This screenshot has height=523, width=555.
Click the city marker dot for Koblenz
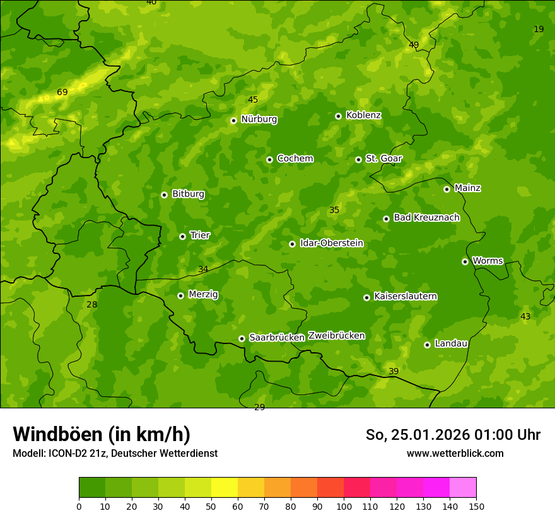pos(339,116)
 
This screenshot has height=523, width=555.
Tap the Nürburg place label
pos(259,119)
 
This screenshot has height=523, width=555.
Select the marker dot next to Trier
pos(183,236)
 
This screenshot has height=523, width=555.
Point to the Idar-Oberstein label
pos(332,243)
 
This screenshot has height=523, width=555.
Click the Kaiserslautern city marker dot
pos(367,297)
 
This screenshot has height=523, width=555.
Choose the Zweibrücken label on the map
pos(336,336)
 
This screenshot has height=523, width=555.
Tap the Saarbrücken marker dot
pos(242,338)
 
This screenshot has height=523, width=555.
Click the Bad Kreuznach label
pos(426,217)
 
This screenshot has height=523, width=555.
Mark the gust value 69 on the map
pos(62,93)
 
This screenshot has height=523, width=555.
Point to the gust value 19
pos(539,30)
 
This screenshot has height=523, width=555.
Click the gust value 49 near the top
pos(414,45)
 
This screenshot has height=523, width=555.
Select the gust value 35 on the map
pos(334,210)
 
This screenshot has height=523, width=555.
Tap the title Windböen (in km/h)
pos(102,434)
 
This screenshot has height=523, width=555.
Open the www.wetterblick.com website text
pos(455,453)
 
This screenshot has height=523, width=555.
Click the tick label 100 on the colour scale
pos(344,506)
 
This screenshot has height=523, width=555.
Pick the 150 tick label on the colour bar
pos(476,506)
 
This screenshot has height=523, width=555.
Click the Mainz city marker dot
pos(447,189)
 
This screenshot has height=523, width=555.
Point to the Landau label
pos(451,343)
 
